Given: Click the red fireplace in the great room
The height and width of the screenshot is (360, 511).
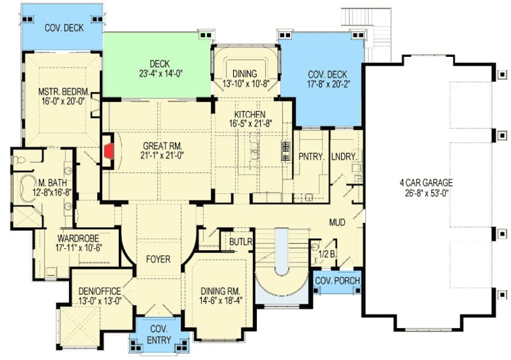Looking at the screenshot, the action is coord(109,151).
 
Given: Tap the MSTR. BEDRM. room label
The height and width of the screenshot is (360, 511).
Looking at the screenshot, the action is coord(64,91).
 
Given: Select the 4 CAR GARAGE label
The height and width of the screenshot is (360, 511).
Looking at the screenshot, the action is coord(426,183).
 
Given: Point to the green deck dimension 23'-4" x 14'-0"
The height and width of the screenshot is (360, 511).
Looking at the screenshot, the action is coord(160,73).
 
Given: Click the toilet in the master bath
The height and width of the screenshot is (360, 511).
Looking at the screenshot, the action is coord(19,160).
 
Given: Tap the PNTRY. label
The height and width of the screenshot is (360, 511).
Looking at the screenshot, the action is coord(312,157).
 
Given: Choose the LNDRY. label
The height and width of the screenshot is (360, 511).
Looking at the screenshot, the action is coord(344,157).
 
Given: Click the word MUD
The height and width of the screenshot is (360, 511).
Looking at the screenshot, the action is coord(337,223).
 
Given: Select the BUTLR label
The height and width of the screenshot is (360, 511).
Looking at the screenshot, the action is coord(241,242).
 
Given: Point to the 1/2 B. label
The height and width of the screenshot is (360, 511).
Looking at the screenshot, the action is coord(327,254).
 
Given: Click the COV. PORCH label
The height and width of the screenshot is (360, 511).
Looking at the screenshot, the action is coord(338,280).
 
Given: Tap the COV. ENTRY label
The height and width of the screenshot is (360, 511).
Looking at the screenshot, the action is coord(159,334).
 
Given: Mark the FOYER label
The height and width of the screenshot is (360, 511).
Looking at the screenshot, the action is coord(158,259).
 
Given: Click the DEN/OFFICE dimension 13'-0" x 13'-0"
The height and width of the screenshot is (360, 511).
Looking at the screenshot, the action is coord(100,301).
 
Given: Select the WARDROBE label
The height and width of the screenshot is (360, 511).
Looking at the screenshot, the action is coord(78,238).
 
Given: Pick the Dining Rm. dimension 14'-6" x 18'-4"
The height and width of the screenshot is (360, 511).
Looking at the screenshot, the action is coord(221,301).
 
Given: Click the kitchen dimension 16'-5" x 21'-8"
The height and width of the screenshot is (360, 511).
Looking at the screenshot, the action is coord(250,123).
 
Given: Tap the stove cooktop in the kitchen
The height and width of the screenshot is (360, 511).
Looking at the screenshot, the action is coord(286,151).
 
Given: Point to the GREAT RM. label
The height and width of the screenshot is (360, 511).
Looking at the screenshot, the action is coord(162,146).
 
